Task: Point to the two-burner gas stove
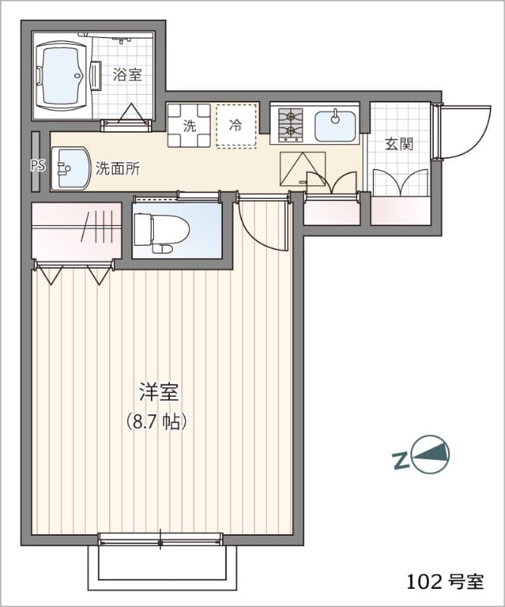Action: coord(290,126)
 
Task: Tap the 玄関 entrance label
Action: coord(398,144)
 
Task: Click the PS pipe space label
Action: coord(37,165)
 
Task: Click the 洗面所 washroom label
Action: coord(118,168)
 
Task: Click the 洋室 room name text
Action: coord(158,392)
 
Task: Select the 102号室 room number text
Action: coord(444,582)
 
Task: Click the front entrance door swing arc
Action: coord(459,131)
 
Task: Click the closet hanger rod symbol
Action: coord(98,228)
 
